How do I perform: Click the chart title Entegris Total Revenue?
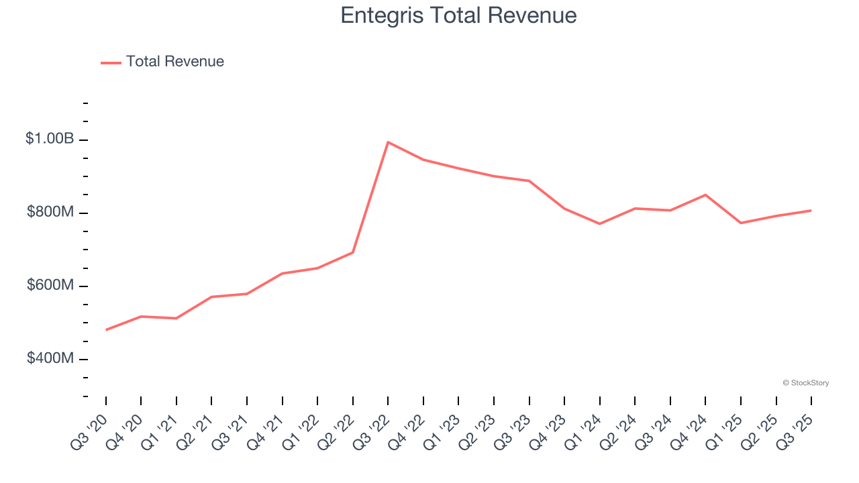[x=458, y=15]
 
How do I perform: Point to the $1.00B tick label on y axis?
[x=50, y=139]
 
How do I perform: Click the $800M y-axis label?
[x=50, y=212]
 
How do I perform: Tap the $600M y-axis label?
[x=50, y=285]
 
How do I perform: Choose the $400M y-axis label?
[x=50, y=358]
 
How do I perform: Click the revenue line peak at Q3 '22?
[x=388, y=142]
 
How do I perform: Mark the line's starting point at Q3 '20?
[x=106, y=330]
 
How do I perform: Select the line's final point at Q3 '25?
[x=811, y=211]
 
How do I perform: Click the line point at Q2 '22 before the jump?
[x=353, y=252]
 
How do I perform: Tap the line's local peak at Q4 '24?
[x=705, y=195]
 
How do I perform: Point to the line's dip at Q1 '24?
[x=599, y=223]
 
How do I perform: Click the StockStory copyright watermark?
[x=805, y=383]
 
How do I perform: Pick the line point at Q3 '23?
[x=529, y=180]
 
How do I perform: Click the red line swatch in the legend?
[x=111, y=62]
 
